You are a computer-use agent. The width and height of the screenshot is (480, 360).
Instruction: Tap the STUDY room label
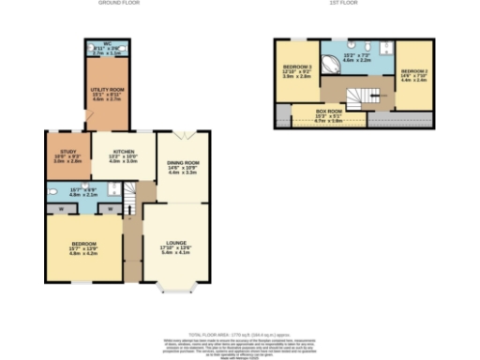pyautogui.click(x=66, y=153)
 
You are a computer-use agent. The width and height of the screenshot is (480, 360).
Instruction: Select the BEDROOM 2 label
pyautogui.click(x=413, y=71)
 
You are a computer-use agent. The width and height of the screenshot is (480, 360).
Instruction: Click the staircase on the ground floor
pyautogui.click(x=130, y=197)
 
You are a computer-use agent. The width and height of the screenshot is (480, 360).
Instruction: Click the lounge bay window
pyautogui.click(x=174, y=287)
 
